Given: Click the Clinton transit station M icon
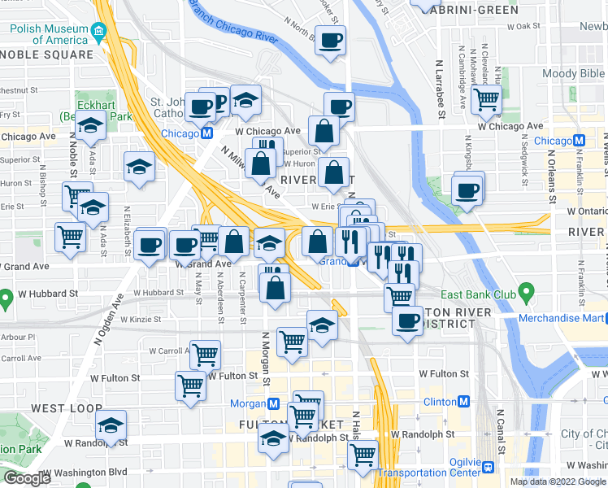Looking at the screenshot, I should [463, 402].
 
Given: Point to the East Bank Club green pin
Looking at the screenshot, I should [526, 290].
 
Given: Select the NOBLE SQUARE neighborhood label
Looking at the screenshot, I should [47, 54].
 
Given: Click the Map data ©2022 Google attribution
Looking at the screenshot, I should [557, 481].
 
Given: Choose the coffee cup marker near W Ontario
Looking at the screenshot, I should [467, 190].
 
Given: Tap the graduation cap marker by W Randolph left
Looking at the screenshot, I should [111, 425].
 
